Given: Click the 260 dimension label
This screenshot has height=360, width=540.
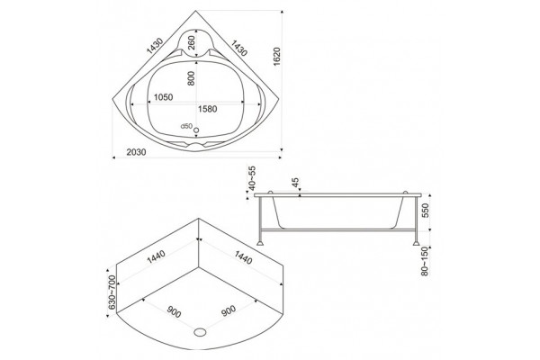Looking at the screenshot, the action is tap(192, 42).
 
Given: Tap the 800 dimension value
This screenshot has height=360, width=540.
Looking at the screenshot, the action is tap(192, 78).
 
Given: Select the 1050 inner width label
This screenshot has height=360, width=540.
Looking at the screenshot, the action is tap(163, 97).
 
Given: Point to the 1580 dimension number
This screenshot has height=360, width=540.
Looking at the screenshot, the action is tap(207, 109).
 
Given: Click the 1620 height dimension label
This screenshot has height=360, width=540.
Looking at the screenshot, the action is tap(277, 57).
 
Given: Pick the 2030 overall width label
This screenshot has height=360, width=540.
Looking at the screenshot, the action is tap(136, 152).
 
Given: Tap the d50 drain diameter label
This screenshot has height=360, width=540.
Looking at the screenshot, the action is tap(186, 126).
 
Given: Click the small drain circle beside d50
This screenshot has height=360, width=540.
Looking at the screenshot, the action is tap(196, 130).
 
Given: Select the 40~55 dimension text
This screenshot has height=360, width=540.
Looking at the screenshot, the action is tap(252, 178).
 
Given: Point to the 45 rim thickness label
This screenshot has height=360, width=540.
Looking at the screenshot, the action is tap(295, 183).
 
